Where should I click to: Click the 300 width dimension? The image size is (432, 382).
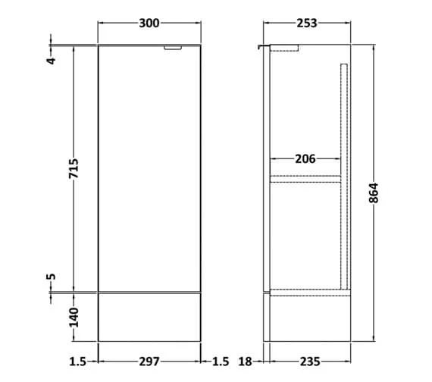point(149,23)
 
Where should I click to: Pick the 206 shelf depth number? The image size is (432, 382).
point(305,159)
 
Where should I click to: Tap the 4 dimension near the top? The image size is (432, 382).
point(52,59)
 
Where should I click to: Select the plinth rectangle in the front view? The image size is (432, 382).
point(149,315)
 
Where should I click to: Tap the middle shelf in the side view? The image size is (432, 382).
point(305,179)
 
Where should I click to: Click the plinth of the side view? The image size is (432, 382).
point(307,316)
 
